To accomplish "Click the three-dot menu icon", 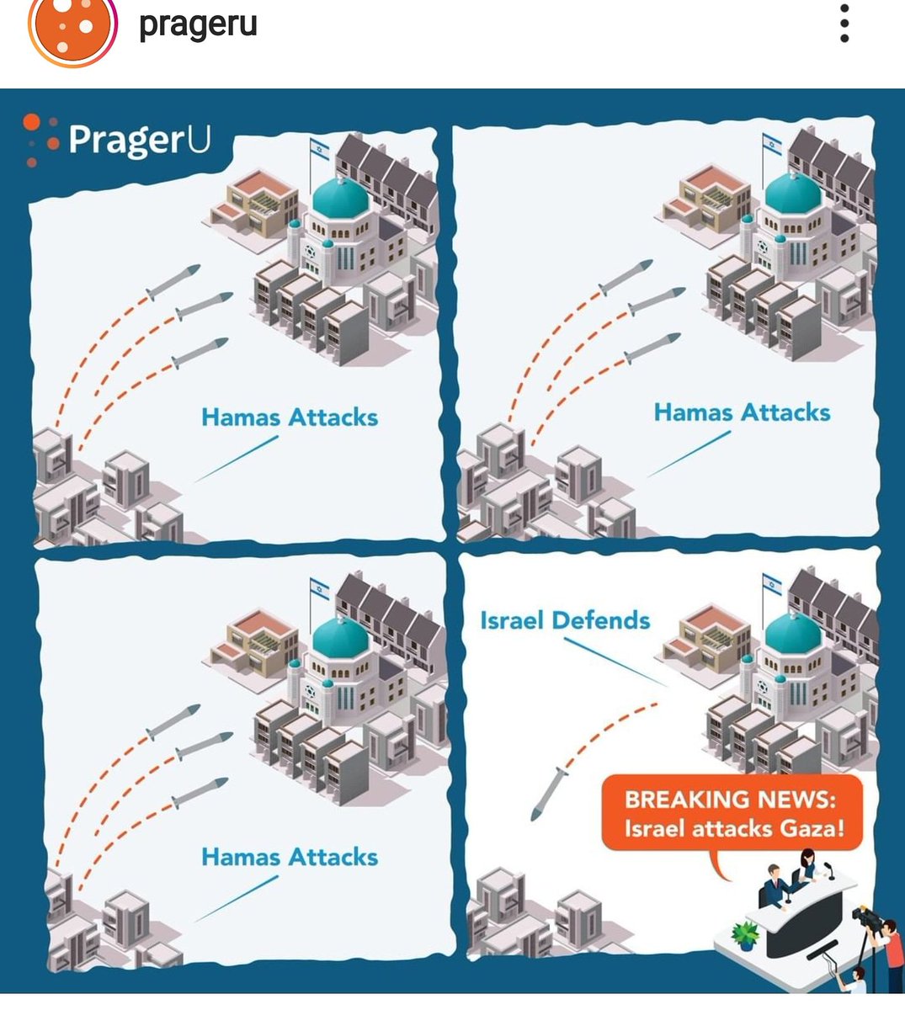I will point(844,23).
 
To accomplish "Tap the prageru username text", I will point(198,24).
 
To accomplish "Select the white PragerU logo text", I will point(139,139).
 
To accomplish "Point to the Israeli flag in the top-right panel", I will point(772,144).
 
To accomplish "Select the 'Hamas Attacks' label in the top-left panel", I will point(290,417).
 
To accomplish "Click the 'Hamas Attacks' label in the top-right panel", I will point(742,412).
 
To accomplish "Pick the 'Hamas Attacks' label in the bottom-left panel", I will point(290,857).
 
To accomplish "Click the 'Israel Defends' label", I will point(565,621).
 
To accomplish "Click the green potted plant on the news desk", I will point(745,933).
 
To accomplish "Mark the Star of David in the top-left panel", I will point(308,251).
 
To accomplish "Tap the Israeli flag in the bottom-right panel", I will point(772,582).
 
